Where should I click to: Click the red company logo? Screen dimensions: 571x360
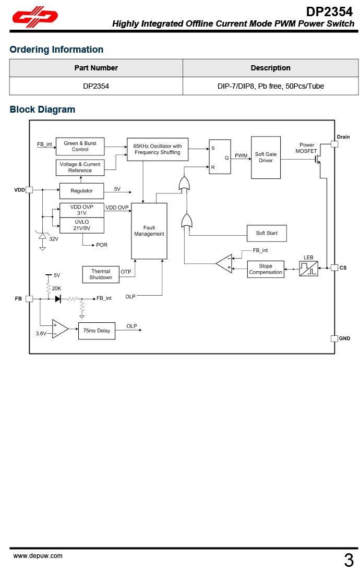(35, 18)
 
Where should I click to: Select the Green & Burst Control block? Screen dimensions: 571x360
(80, 146)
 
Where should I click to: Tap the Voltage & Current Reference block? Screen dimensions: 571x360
(80, 167)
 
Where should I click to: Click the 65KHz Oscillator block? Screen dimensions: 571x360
(158, 149)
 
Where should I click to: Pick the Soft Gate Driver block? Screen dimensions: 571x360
(266, 157)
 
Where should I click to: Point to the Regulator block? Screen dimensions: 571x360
(81, 191)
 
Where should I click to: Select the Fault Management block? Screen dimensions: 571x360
(149, 231)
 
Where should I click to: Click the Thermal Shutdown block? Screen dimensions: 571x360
(101, 274)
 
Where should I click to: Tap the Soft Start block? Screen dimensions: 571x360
(267, 233)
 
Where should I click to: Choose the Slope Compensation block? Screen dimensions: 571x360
(266, 269)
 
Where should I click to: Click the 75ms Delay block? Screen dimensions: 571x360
(97, 331)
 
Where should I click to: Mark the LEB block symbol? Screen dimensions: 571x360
(308, 269)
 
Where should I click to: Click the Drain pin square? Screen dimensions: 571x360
(334, 144)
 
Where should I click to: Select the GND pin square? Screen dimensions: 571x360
(334, 338)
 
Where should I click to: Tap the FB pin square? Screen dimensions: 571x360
(29, 299)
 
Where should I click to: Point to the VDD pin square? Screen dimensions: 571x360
(29, 190)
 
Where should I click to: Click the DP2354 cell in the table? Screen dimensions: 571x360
(96, 86)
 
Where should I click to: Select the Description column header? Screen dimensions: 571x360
(270, 68)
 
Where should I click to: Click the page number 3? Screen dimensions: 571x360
(349, 561)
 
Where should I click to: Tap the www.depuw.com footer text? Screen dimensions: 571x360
(38, 556)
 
